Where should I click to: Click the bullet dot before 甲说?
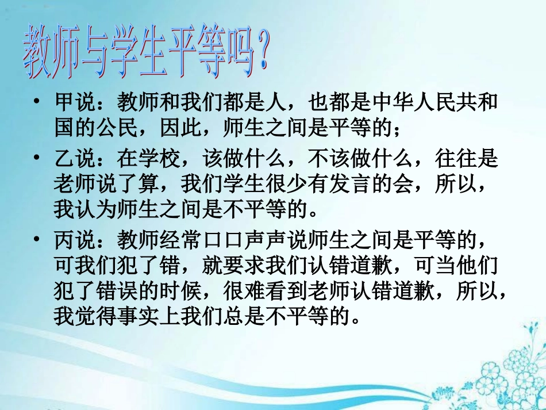[x=37, y=104]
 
